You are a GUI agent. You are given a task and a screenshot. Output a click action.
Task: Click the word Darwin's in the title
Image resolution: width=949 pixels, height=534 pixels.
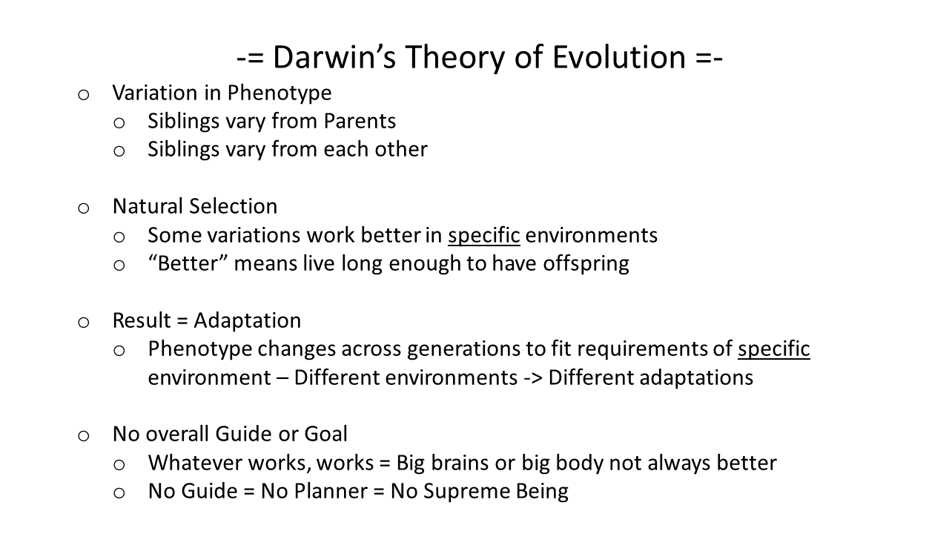(x=334, y=57)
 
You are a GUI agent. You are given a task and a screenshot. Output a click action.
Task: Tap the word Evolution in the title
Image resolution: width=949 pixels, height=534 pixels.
(x=619, y=57)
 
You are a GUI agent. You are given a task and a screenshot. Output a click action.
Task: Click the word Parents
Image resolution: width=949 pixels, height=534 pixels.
(x=360, y=121)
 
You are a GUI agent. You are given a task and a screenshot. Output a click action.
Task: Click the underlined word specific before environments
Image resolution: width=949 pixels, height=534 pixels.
(x=484, y=236)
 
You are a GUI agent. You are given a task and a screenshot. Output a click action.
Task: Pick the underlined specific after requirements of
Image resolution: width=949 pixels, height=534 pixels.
(x=773, y=349)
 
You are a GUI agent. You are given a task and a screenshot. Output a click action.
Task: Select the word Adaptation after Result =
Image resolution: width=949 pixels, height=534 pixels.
(x=248, y=321)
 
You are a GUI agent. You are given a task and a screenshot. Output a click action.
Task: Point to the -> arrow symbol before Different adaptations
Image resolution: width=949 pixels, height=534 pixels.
(x=533, y=378)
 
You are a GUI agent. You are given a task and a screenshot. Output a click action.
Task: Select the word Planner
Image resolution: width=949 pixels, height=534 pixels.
(x=331, y=492)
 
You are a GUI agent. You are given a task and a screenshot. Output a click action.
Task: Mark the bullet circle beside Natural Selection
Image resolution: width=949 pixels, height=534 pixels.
(x=84, y=208)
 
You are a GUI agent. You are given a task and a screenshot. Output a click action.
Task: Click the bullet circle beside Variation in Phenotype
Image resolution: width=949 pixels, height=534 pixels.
(x=84, y=95)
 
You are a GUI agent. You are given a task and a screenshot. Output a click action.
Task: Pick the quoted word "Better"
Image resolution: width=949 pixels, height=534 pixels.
(x=188, y=263)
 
